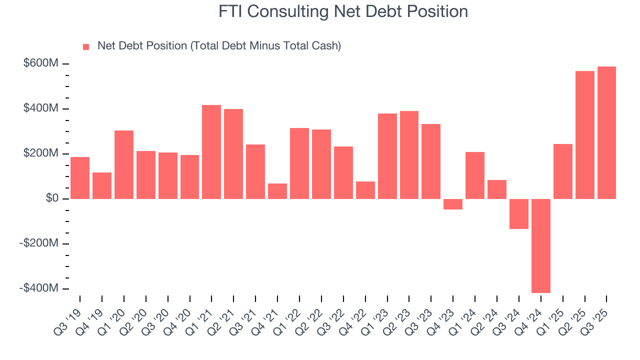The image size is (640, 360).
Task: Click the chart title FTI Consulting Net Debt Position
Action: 343,12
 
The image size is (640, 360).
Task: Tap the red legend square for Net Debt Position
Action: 86,47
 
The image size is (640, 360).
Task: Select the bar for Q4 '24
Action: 541,245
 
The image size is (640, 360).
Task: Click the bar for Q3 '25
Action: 606,132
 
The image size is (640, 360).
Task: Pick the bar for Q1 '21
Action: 211,152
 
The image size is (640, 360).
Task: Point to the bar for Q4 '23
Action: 453,204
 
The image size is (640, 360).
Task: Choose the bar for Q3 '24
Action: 519,213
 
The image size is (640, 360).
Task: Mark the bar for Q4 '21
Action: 277,191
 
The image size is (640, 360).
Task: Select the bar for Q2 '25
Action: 585,135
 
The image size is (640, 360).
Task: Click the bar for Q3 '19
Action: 80,178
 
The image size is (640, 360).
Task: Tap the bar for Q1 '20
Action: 124,164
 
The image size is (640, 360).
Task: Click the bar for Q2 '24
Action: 497,189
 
